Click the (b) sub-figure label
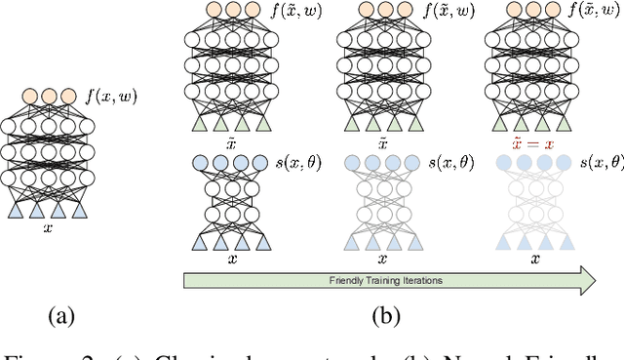[384, 316]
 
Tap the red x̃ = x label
[535, 141]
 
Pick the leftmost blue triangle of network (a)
[14, 210]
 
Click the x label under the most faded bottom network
[535, 260]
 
